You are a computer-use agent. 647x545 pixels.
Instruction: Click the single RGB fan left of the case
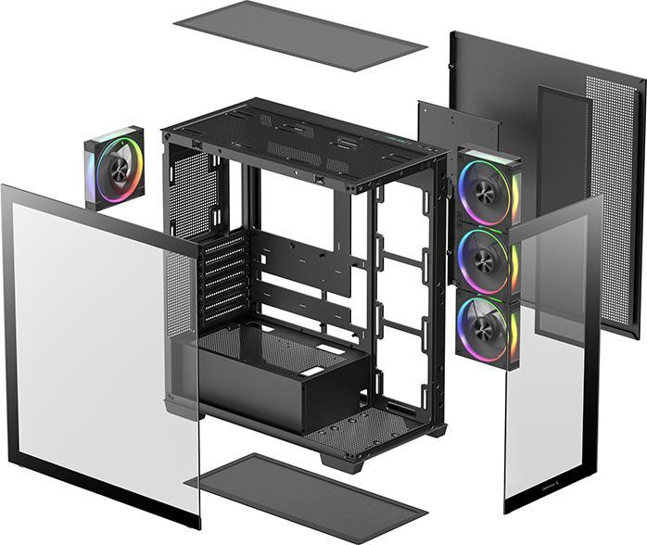coord(115,168)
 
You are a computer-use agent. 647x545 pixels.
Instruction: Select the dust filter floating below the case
coord(306,499)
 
